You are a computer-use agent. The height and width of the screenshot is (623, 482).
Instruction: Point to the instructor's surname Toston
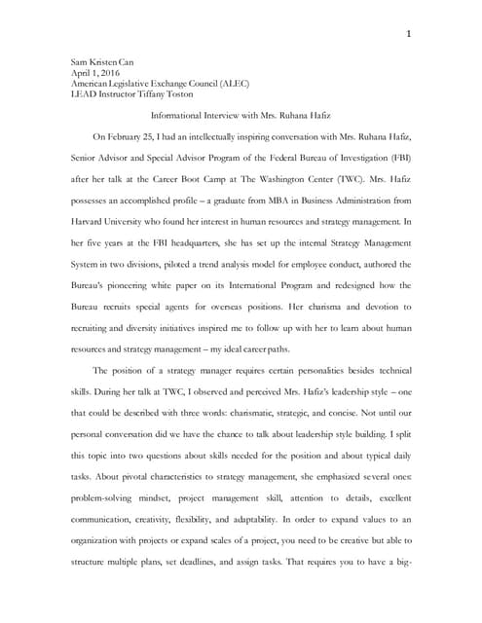(x=196, y=95)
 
